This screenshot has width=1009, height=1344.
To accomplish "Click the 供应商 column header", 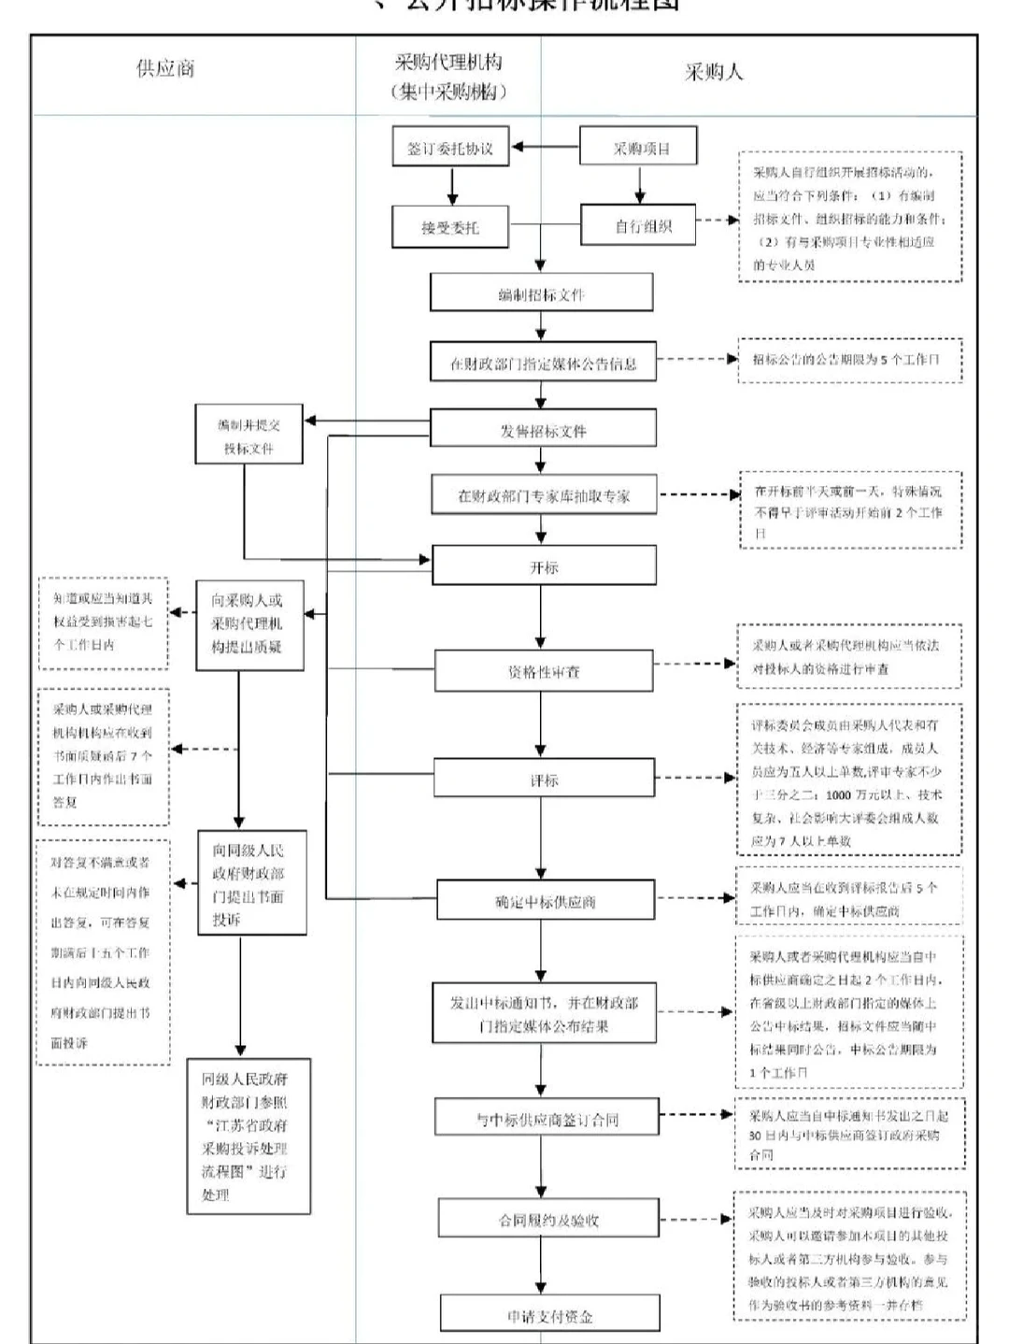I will click(x=165, y=69).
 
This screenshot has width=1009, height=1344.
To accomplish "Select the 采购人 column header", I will click(x=714, y=72).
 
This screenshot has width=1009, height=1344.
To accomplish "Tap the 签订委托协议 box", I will click(x=450, y=147).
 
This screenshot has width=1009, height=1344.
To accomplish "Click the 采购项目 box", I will click(x=639, y=147).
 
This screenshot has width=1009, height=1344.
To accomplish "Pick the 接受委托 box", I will click(x=450, y=227).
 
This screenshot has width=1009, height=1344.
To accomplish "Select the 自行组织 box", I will click(x=639, y=225).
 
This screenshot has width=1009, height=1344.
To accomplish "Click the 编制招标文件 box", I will click(x=541, y=293).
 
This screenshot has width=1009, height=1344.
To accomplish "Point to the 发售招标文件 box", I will click(x=543, y=429).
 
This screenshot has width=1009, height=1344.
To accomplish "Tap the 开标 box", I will click(x=544, y=566).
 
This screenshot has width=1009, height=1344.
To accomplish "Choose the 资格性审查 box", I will click(x=544, y=671).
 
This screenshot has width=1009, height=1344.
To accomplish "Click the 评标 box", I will click(x=544, y=779).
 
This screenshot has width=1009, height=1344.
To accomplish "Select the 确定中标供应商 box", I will click(x=546, y=901).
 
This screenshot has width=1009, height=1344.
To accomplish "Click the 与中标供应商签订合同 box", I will click(x=547, y=1118).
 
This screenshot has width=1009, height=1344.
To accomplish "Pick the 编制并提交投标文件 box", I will click(x=249, y=435).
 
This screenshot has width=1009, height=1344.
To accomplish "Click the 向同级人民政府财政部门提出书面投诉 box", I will click(x=252, y=883).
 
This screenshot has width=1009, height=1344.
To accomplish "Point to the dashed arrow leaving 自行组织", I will click(x=718, y=221).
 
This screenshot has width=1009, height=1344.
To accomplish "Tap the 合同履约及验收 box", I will click(x=548, y=1219).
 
